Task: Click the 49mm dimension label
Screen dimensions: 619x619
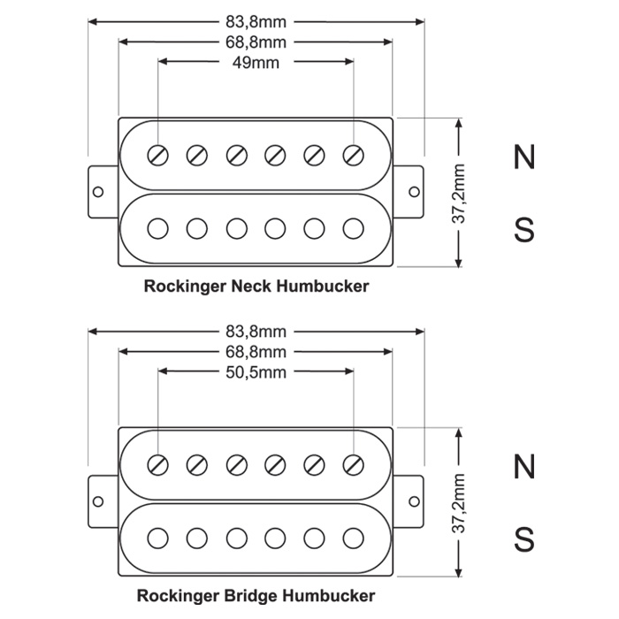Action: (x=256, y=63)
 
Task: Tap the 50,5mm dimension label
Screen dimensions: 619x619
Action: (x=256, y=372)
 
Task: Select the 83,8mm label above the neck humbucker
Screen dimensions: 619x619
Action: (x=256, y=22)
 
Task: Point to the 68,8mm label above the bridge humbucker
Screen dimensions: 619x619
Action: (x=256, y=352)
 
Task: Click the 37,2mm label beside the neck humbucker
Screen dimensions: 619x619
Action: (x=458, y=194)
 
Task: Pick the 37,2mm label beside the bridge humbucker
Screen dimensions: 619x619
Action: (x=458, y=503)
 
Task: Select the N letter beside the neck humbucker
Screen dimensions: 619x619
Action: (x=524, y=157)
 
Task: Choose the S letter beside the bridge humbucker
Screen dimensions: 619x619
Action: (x=524, y=539)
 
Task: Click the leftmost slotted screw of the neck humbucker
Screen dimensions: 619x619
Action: (x=158, y=155)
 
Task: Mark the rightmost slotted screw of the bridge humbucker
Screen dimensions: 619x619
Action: (x=354, y=464)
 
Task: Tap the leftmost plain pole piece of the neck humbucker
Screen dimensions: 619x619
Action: (x=158, y=228)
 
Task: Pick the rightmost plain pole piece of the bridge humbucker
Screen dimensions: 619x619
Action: (x=354, y=538)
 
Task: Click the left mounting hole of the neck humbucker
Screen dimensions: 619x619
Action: (x=98, y=192)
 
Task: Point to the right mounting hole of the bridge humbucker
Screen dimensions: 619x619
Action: (x=414, y=501)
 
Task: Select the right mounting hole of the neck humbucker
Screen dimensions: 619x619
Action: (x=414, y=192)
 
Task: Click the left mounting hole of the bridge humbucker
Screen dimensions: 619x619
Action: (x=98, y=501)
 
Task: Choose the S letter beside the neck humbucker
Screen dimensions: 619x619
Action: (x=524, y=230)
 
